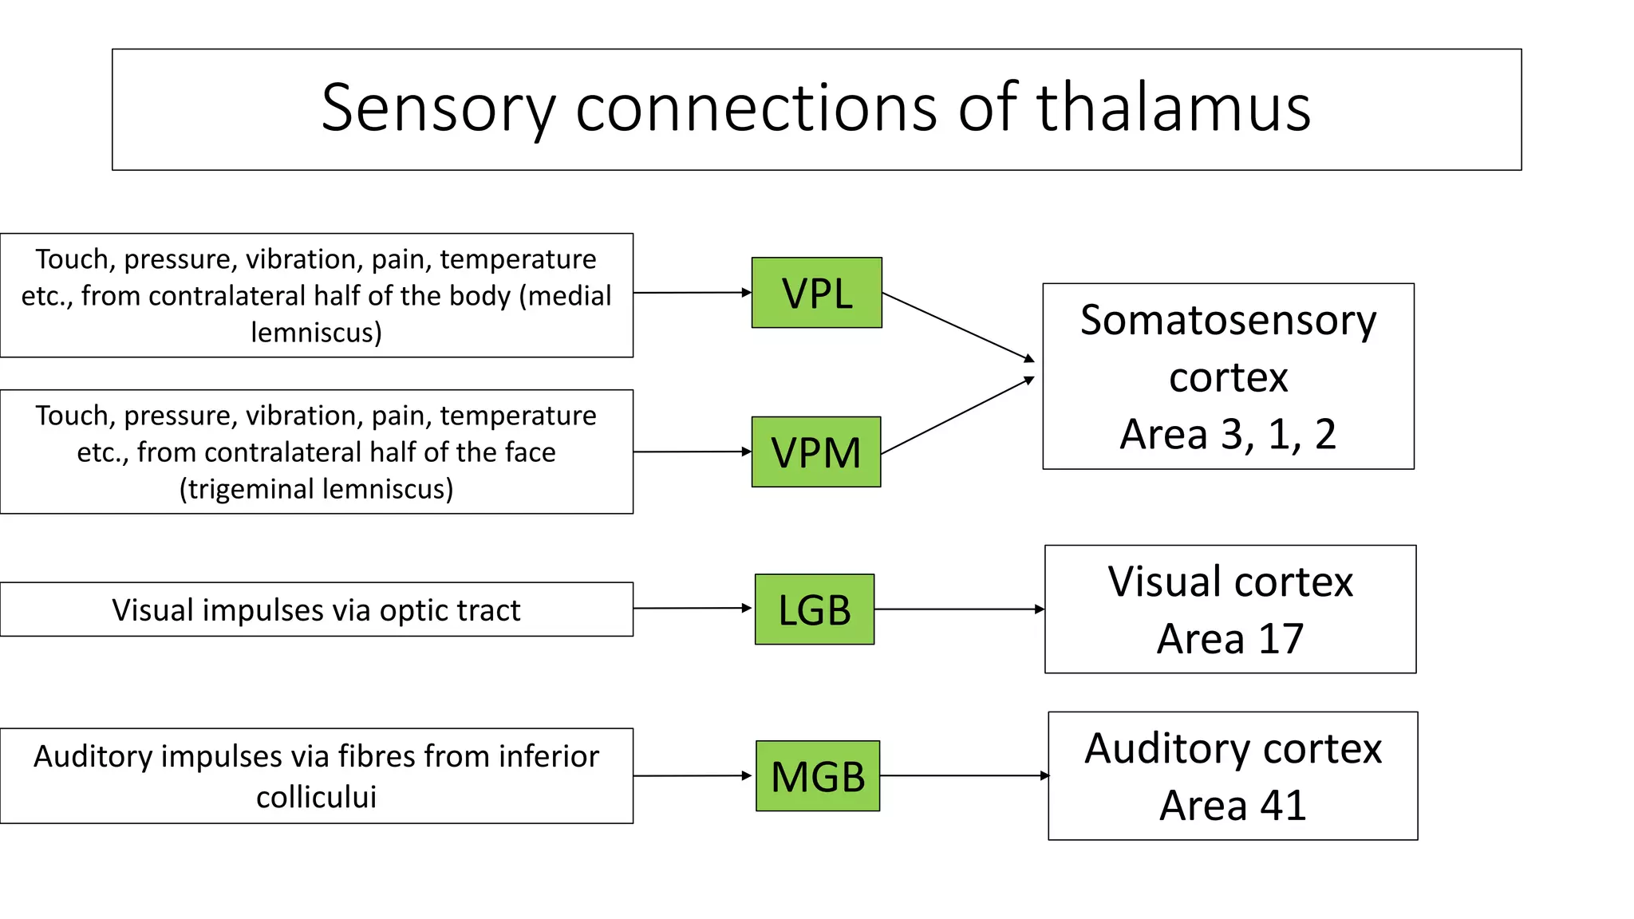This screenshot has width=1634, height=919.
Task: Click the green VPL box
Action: click(816, 293)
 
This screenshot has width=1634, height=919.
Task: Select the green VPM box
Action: click(815, 452)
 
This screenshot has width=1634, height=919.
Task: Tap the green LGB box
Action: click(814, 609)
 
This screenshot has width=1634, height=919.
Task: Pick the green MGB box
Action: click(817, 776)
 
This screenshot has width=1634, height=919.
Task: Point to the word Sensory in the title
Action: click(438, 109)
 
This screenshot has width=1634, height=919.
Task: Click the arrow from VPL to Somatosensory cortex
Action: click(957, 326)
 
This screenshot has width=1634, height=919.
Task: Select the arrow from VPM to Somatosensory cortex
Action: click(957, 416)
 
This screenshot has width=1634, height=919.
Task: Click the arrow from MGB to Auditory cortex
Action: click(964, 775)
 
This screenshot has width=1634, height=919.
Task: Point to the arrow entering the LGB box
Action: click(693, 609)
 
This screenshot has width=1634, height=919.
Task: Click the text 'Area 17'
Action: click(1229, 639)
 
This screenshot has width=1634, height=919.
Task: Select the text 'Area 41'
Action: click(1232, 806)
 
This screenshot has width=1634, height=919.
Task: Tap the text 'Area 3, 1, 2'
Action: click(1227, 435)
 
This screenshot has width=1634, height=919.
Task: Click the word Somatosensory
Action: click(1228, 321)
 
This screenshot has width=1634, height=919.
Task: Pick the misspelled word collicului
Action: click(316, 797)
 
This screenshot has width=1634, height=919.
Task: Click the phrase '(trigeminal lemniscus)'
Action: click(316, 489)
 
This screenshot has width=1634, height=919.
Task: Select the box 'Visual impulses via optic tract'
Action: click(316, 610)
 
